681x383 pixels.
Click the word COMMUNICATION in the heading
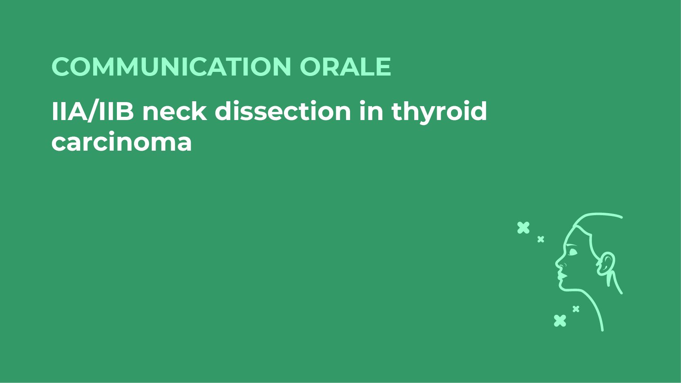[172, 67]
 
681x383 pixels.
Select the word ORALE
[345, 67]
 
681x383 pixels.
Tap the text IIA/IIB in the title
[93, 111]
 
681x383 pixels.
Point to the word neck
[174, 111]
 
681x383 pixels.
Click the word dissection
[283, 111]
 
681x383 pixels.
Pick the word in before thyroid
[371, 111]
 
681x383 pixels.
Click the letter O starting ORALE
[310, 67]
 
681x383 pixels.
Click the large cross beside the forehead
[523, 228]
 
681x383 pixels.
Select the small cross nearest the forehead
[540, 239]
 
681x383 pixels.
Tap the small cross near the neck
[576, 309]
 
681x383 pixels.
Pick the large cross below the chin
[560, 321]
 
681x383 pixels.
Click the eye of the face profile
[573, 252]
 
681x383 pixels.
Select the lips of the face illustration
[560, 276]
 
